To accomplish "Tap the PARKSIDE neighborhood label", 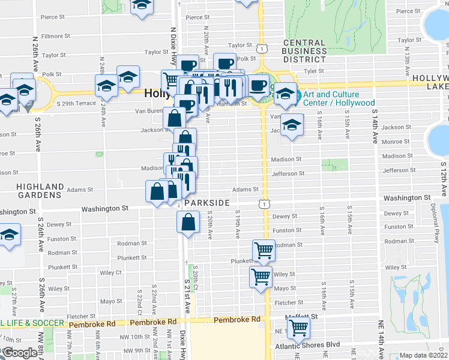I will pyautogui.click(x=207, y=203).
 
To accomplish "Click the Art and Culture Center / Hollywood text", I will pyautogui.click(x=339, y=98).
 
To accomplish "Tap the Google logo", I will pyautogui.click(x=19, y=353).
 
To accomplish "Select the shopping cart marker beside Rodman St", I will pyautogui.click(x=264, y=250).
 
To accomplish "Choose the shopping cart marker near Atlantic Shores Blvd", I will pyautogui.click(x=298, y=328).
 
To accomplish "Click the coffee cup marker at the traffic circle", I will pyautogui.click(x=259, y=86).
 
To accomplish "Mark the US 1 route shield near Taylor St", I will pyautogui.click(x=261, y=47).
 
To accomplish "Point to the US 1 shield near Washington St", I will pyautogui.click(x=264, y=205).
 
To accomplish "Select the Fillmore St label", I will pyautogui.click(x=56, y=37).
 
